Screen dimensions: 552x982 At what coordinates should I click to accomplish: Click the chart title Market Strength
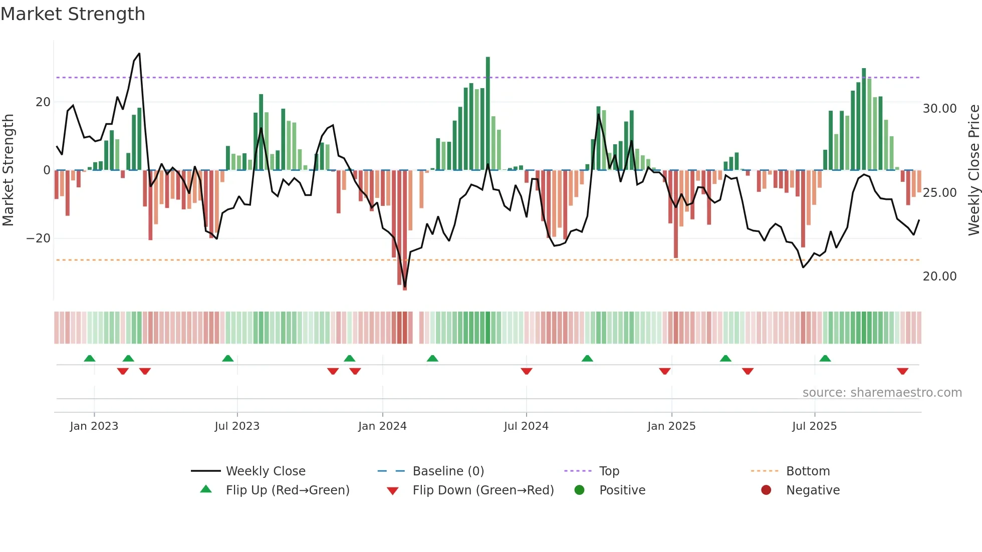[73, 14]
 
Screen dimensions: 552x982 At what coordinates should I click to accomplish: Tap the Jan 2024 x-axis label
[382, 426]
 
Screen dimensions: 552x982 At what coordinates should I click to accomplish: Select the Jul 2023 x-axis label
[237, 426]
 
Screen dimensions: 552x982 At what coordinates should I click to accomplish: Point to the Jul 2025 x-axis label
[814, 426]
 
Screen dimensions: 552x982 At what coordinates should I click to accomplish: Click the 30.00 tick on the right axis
[939, 109]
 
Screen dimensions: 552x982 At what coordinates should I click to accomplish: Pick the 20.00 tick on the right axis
[939, 277]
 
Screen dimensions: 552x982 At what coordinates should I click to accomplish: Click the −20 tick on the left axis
[38, 238]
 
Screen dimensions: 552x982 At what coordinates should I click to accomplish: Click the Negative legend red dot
[766, 490]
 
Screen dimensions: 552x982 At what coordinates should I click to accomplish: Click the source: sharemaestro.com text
[882, 393]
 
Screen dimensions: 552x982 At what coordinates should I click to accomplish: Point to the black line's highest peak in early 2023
[139, 54]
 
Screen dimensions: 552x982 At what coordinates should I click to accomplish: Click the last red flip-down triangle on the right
[902, 371]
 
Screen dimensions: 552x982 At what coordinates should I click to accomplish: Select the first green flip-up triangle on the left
[90, 358]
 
